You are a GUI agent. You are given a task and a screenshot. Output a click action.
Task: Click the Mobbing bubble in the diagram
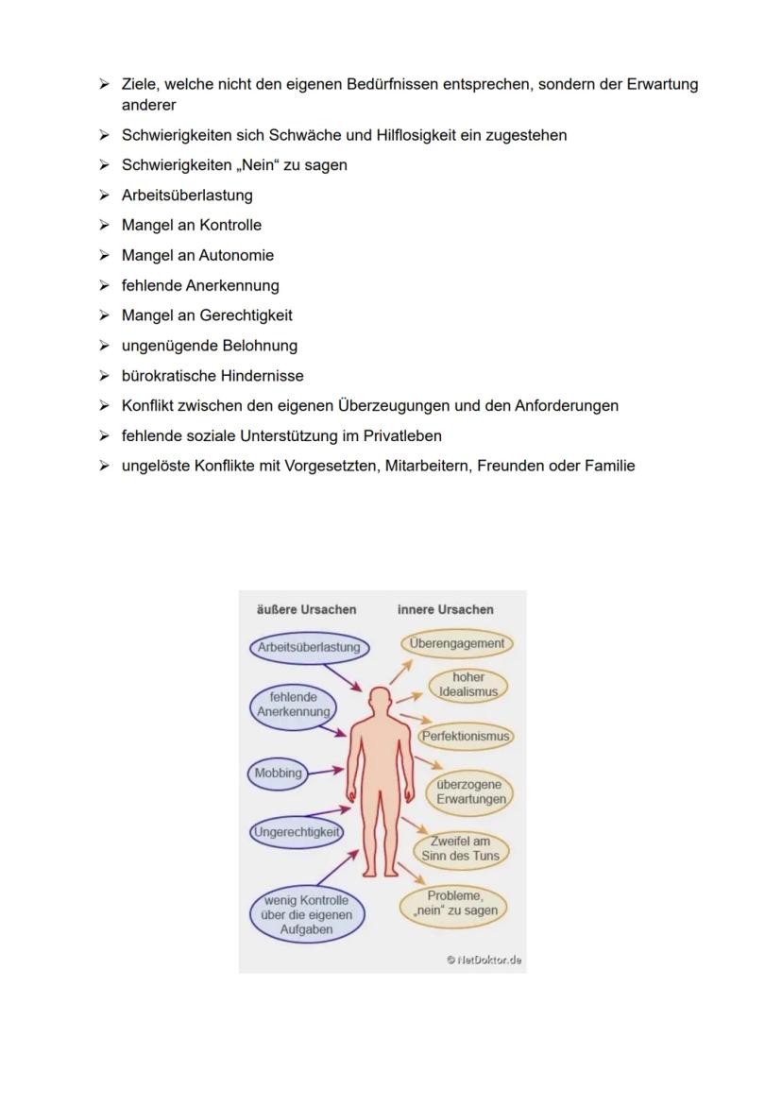point(278,773)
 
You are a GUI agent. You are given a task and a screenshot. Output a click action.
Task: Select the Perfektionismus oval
point(466,736)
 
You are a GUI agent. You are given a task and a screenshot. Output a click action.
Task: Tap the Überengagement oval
point(457,643)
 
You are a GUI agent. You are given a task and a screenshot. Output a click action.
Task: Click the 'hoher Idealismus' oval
point(468,685)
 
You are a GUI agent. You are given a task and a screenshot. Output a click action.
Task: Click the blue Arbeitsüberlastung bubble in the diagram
point(309,648)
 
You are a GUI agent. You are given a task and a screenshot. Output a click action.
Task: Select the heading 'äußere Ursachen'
point(306,609)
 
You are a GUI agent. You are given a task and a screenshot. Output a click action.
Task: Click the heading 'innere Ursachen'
point(445,609)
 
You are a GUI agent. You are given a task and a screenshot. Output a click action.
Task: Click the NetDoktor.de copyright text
point(484,960)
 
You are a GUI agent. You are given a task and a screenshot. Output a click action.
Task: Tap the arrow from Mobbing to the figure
point(327,771)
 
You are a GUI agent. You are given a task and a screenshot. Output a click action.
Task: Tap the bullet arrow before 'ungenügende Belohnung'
point(104,346)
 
